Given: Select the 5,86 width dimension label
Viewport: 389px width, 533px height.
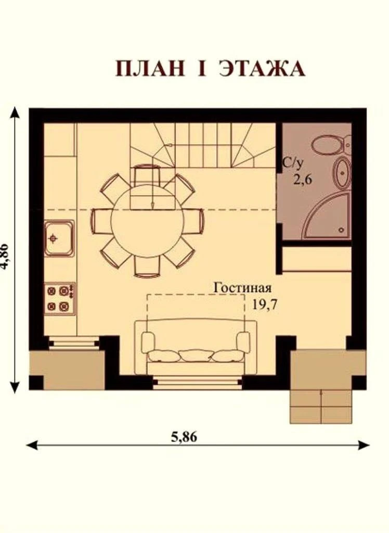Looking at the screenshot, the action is coord(184,437).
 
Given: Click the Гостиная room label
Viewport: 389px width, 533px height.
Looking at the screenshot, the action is coord(242,288).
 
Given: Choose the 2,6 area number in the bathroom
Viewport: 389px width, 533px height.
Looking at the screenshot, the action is coord(303,179).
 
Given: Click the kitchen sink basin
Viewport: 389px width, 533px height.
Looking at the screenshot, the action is coord(59,238).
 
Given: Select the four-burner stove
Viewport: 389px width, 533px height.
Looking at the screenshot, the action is coord(60,299).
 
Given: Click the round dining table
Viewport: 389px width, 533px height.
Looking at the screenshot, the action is coord(148,221).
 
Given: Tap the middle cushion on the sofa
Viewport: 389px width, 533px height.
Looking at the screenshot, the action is coord(196,356).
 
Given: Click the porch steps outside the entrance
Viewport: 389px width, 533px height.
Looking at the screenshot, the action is coord(321,407).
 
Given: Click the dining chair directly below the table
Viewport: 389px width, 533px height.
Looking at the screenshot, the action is coord(147,265).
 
